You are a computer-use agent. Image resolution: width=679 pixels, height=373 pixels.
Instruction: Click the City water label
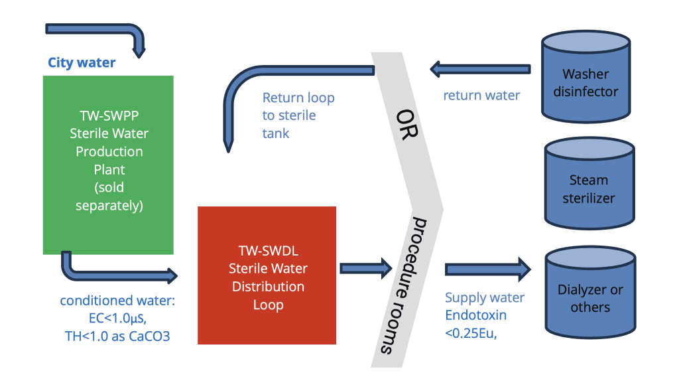pos(82,63)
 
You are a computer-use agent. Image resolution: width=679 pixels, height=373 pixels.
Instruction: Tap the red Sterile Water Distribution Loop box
pos(267,275)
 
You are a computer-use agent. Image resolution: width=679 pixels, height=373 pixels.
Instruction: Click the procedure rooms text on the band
pos(401,286)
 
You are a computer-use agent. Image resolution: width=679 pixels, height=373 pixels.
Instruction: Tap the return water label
pos(481,95)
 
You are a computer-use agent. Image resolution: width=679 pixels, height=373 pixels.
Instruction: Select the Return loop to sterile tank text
pos(298,115)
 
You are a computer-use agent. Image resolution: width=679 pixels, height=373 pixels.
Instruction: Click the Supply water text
pos(484,298)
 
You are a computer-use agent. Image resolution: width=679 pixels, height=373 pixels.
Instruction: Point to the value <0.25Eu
pos(470,333)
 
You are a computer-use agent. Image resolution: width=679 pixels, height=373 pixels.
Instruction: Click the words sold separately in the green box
pos(109,196)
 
